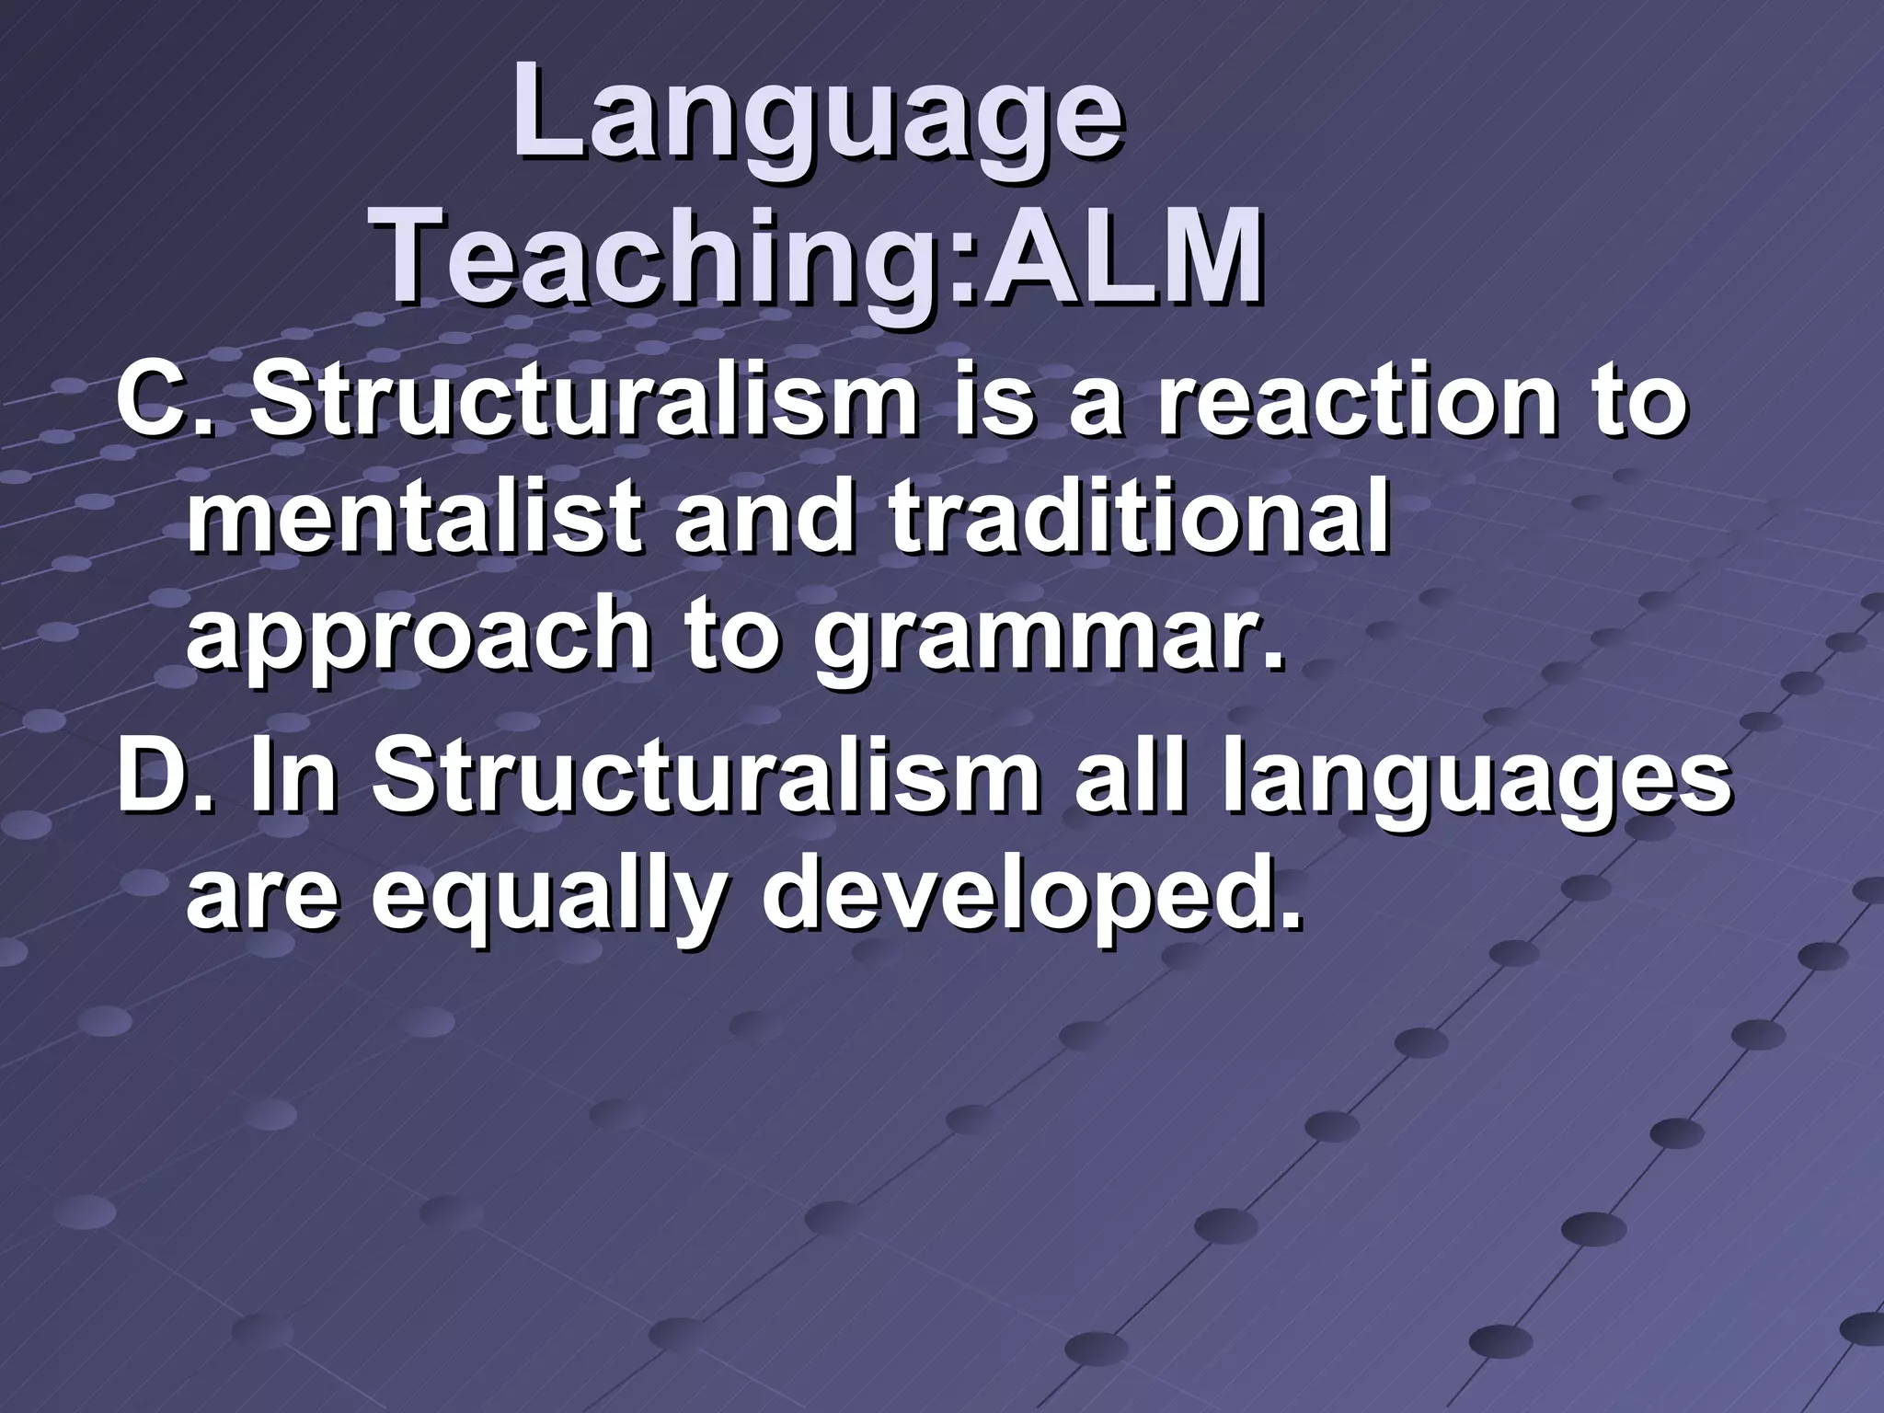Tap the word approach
point(419,635)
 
